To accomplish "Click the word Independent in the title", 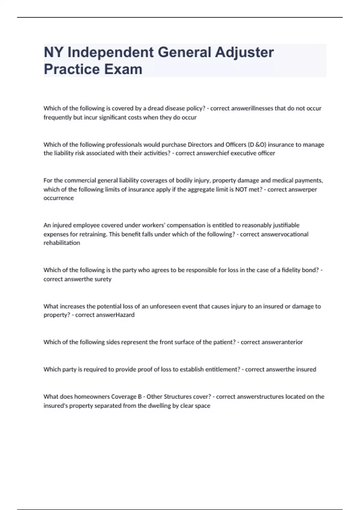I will [x=110, y=52].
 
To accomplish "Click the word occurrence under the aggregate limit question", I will [x=58, y=198].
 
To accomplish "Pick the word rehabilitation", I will [x=62, y=243].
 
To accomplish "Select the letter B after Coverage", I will [x=140, y=397].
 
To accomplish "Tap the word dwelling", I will [x=159, y=406].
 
